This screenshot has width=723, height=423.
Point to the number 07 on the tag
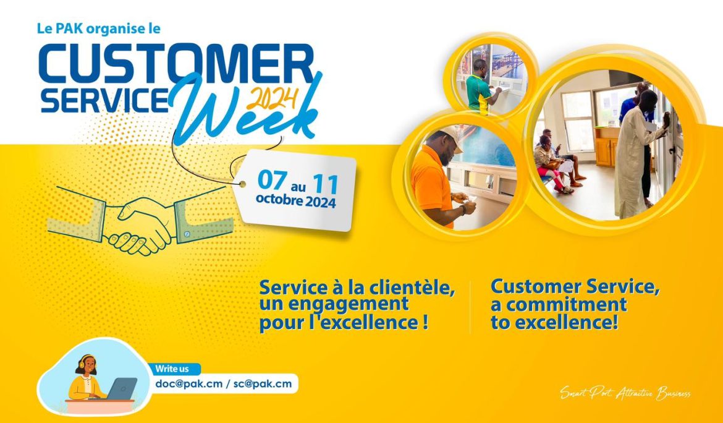(272, 180)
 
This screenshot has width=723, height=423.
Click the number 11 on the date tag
(325, 184)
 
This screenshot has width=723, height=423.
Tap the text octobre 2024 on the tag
(295, 202)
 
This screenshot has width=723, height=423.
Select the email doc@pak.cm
(188, 383)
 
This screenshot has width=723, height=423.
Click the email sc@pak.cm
(262, 383)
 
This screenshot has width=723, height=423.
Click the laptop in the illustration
(122, 388)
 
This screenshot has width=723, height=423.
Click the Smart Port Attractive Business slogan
(625, 393)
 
